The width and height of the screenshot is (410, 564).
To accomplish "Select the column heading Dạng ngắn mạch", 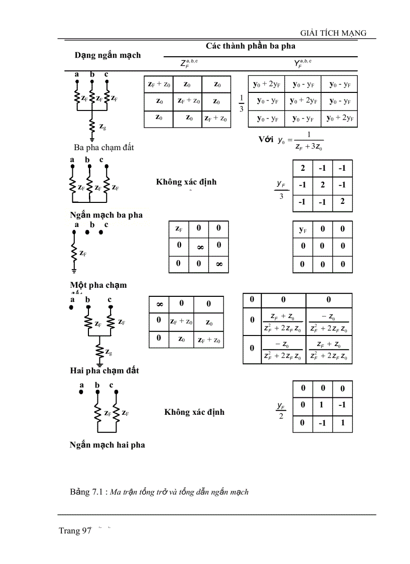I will [x=108, y=55].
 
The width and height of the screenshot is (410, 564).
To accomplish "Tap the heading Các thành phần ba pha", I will [x=251, y=46].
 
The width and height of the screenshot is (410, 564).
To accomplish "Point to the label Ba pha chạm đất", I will [x=104, y=148].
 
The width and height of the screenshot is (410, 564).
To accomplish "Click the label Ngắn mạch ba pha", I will [x=106, y=215].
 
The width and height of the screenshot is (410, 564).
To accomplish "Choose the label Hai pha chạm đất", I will [x=105, y=371].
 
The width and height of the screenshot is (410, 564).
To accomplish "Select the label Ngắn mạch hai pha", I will [x=107, y=444].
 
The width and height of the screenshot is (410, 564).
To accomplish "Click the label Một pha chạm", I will [x=98, y=285].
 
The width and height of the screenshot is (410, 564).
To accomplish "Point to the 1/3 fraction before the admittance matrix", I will [x=241, y=103].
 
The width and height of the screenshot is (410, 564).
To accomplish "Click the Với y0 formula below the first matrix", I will [x=291, y=141].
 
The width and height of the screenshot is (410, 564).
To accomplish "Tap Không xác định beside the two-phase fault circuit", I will [x=194, y=412].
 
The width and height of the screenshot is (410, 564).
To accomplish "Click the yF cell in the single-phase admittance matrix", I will [x=303, y=230].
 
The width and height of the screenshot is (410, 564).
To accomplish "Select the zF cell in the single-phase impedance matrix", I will [x=178, y=229].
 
